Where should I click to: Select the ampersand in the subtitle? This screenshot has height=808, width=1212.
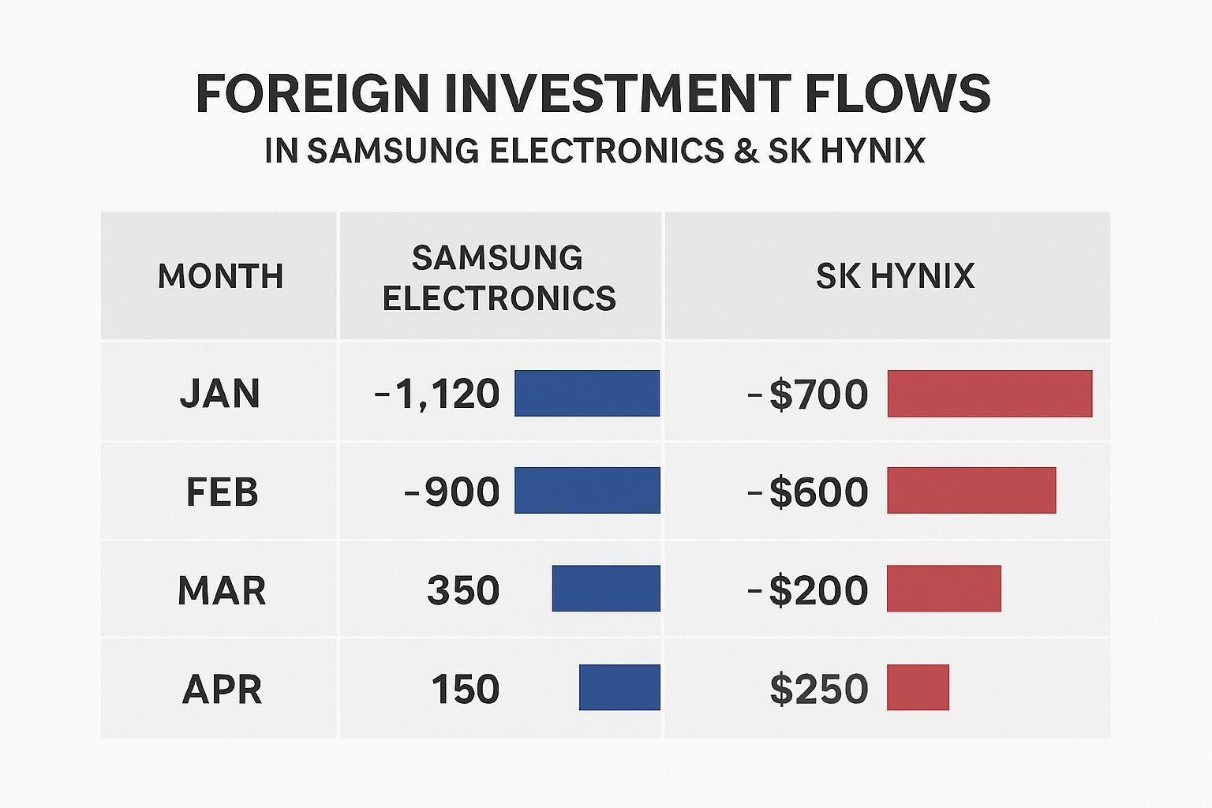pyautogui.click(x=746, y=150)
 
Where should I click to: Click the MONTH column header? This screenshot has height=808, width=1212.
pyautogui.click(x=220, y=276)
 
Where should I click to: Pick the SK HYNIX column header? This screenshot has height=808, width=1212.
pyautogui.click(x=895, y=276)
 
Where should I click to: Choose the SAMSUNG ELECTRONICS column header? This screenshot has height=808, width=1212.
pyautogui.click(x=499, y=278)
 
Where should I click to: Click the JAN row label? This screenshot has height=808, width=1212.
pyautogui.click(x=220, y=393)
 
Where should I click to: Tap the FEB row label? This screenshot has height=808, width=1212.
pyautogui.click(x=222, y=492)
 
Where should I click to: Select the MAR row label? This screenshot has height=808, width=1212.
pyautogui.click(x=222, y=590)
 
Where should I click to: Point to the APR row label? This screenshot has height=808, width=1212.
pyautogui.click(x=222, y=689)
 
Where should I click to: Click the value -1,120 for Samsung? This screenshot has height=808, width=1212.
pyautogui.click(x=438, y=394)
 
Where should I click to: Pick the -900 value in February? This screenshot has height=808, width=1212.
pyautogui.click(x=452, y=492)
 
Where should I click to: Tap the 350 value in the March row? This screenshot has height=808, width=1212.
pyautogui.click(x=463, y=590)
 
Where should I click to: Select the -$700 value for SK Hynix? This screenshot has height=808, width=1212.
pyautogui.click(x=807, y=394)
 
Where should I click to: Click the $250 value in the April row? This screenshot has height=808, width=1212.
pyautogui.click(x=819, y=689)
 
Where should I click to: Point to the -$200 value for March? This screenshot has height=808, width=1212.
pyautogui.click(x=807, y=590)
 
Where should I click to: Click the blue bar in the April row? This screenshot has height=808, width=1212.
pyautogui.click(x=619, y=687)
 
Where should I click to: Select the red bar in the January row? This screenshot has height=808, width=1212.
pyautogui.click(x=989, y=393)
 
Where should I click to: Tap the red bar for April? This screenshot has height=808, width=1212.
pyautogui.click(x=918, y=687)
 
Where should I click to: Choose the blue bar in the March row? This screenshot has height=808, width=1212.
pyautogui.click(x=606, y=589)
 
